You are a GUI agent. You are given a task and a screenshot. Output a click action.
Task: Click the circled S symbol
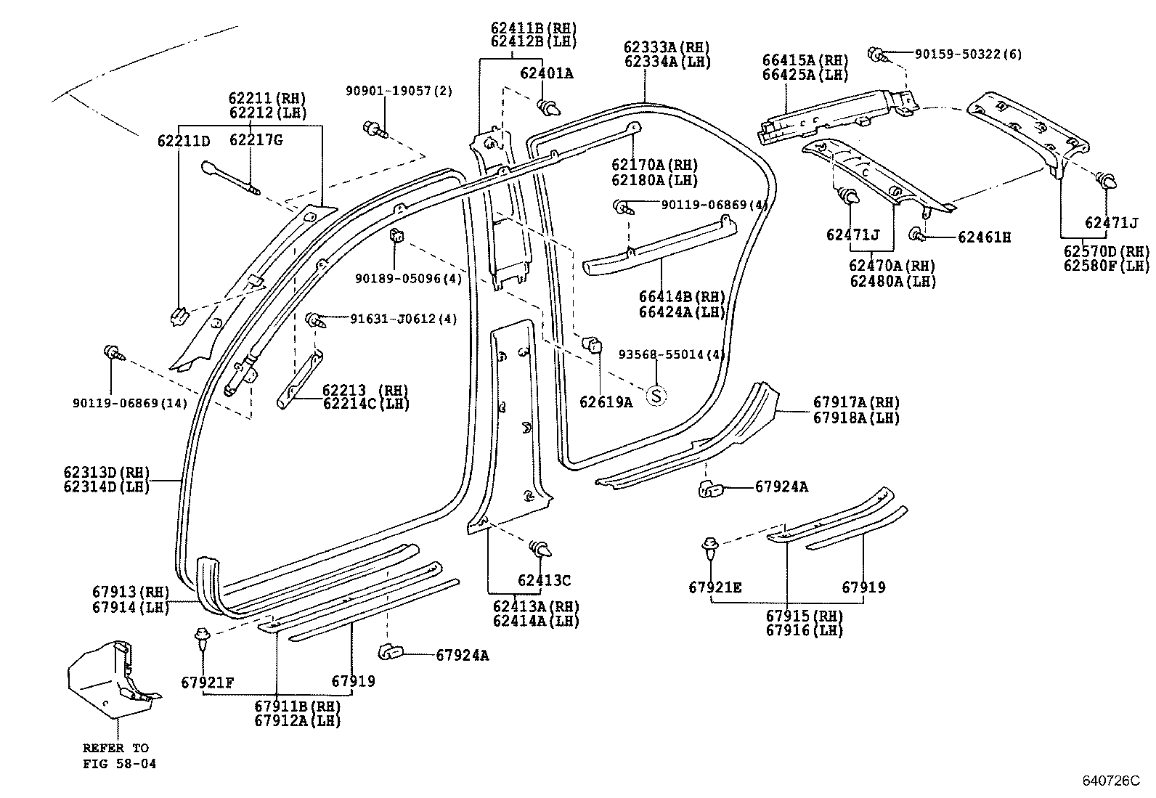656,396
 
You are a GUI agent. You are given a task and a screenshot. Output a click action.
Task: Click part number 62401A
546,73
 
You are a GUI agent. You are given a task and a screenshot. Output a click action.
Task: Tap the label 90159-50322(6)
967,54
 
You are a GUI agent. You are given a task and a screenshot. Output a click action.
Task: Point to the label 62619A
606,402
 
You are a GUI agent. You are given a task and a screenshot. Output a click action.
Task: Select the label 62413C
544,580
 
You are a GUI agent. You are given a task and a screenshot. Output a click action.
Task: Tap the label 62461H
984,237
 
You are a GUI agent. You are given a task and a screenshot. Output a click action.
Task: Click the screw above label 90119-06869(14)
114,354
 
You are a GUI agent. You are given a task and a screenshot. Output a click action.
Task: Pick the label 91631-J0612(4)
403,319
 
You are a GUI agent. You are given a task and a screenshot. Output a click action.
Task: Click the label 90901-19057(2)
398,91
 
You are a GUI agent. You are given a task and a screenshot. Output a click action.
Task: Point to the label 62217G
256,139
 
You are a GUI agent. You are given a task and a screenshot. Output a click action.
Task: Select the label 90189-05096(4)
407,279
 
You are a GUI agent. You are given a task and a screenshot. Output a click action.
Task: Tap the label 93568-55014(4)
672,354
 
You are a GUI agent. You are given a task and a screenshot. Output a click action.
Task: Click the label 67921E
715,587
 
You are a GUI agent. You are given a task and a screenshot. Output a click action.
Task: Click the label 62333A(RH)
667,47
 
